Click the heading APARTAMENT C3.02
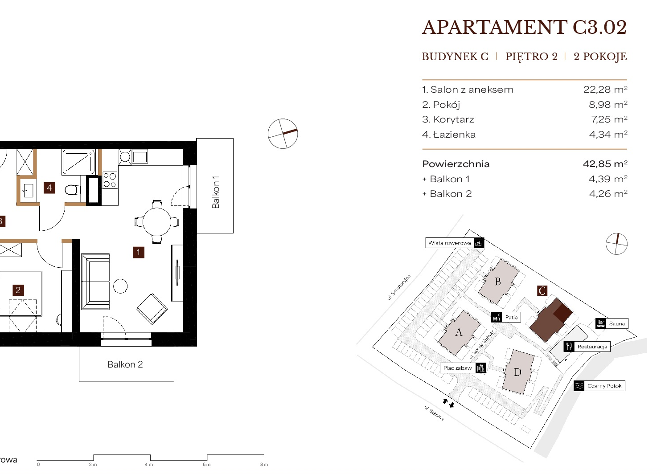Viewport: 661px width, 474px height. pos(524,28)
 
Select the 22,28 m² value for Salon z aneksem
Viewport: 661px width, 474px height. pos(605,90)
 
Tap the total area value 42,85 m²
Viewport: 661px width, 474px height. pos(605,163)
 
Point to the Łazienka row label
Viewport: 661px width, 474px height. pos(449,135)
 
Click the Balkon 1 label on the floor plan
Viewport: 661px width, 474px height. pos(216,192)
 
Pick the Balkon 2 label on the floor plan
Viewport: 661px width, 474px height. pos(125,364)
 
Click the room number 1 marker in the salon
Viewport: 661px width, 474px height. pos(139,253)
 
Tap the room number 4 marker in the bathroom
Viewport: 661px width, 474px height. pos(49,188)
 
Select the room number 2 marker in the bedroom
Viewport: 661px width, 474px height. pos(18,290)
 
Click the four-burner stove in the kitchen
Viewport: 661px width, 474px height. pos(110,180)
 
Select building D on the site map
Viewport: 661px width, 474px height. pos(518,372)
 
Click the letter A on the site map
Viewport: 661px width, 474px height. pos(459,332)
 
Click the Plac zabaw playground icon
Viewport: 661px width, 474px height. pos(480,368)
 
